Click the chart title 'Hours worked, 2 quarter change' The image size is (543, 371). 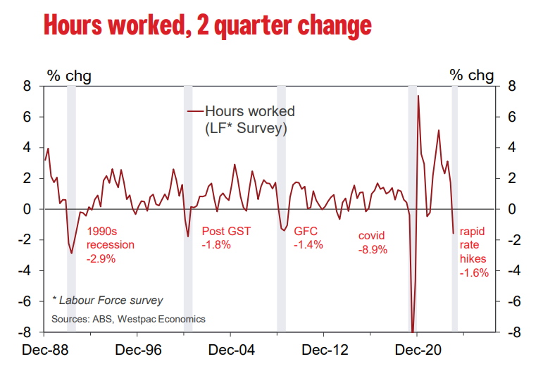click(207, 25)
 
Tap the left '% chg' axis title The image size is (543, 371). click(69, 75)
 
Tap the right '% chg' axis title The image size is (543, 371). click(472, 75)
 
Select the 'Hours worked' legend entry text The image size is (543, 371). click(249, 111)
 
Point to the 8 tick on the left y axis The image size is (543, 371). click(27, 87)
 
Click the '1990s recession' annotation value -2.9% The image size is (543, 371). click(101, 259)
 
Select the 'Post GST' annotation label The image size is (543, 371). click(226, 231)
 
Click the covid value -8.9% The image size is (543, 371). click(373, 249)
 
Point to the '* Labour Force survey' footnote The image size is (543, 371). click(108, 301)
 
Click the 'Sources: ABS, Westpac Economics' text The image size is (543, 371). click(128, 319)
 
